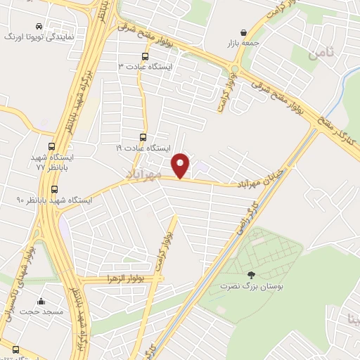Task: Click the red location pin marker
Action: coord(181,165)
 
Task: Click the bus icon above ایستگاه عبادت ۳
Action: coord(145,57)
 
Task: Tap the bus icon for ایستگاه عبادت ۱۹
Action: coord(143,138)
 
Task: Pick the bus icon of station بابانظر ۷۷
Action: coord(51,146)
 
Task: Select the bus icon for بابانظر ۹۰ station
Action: coord(55,188)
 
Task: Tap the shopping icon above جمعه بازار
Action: coord(243,32)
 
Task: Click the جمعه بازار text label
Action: coord(243,43)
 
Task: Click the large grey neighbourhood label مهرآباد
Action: coord(143,173)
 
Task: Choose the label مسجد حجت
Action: coord(41,309)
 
